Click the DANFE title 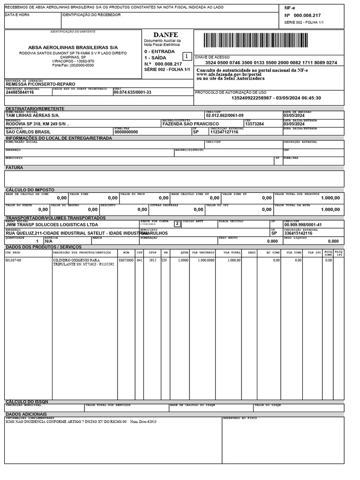coord(165,35)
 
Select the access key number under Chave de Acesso coord(271,62)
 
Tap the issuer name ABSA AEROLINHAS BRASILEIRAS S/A coord(73,48)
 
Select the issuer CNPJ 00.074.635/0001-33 coord(132,92)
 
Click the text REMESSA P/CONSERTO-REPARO coord(38,84)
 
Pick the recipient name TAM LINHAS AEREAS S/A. coord(32,115)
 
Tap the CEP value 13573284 coord(255,124)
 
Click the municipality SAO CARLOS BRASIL coord(28,132)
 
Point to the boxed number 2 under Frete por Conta coord(177,224)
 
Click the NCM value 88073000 coord(126,260)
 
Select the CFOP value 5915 coord(153,260)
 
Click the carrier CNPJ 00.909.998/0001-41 coord(303,225)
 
